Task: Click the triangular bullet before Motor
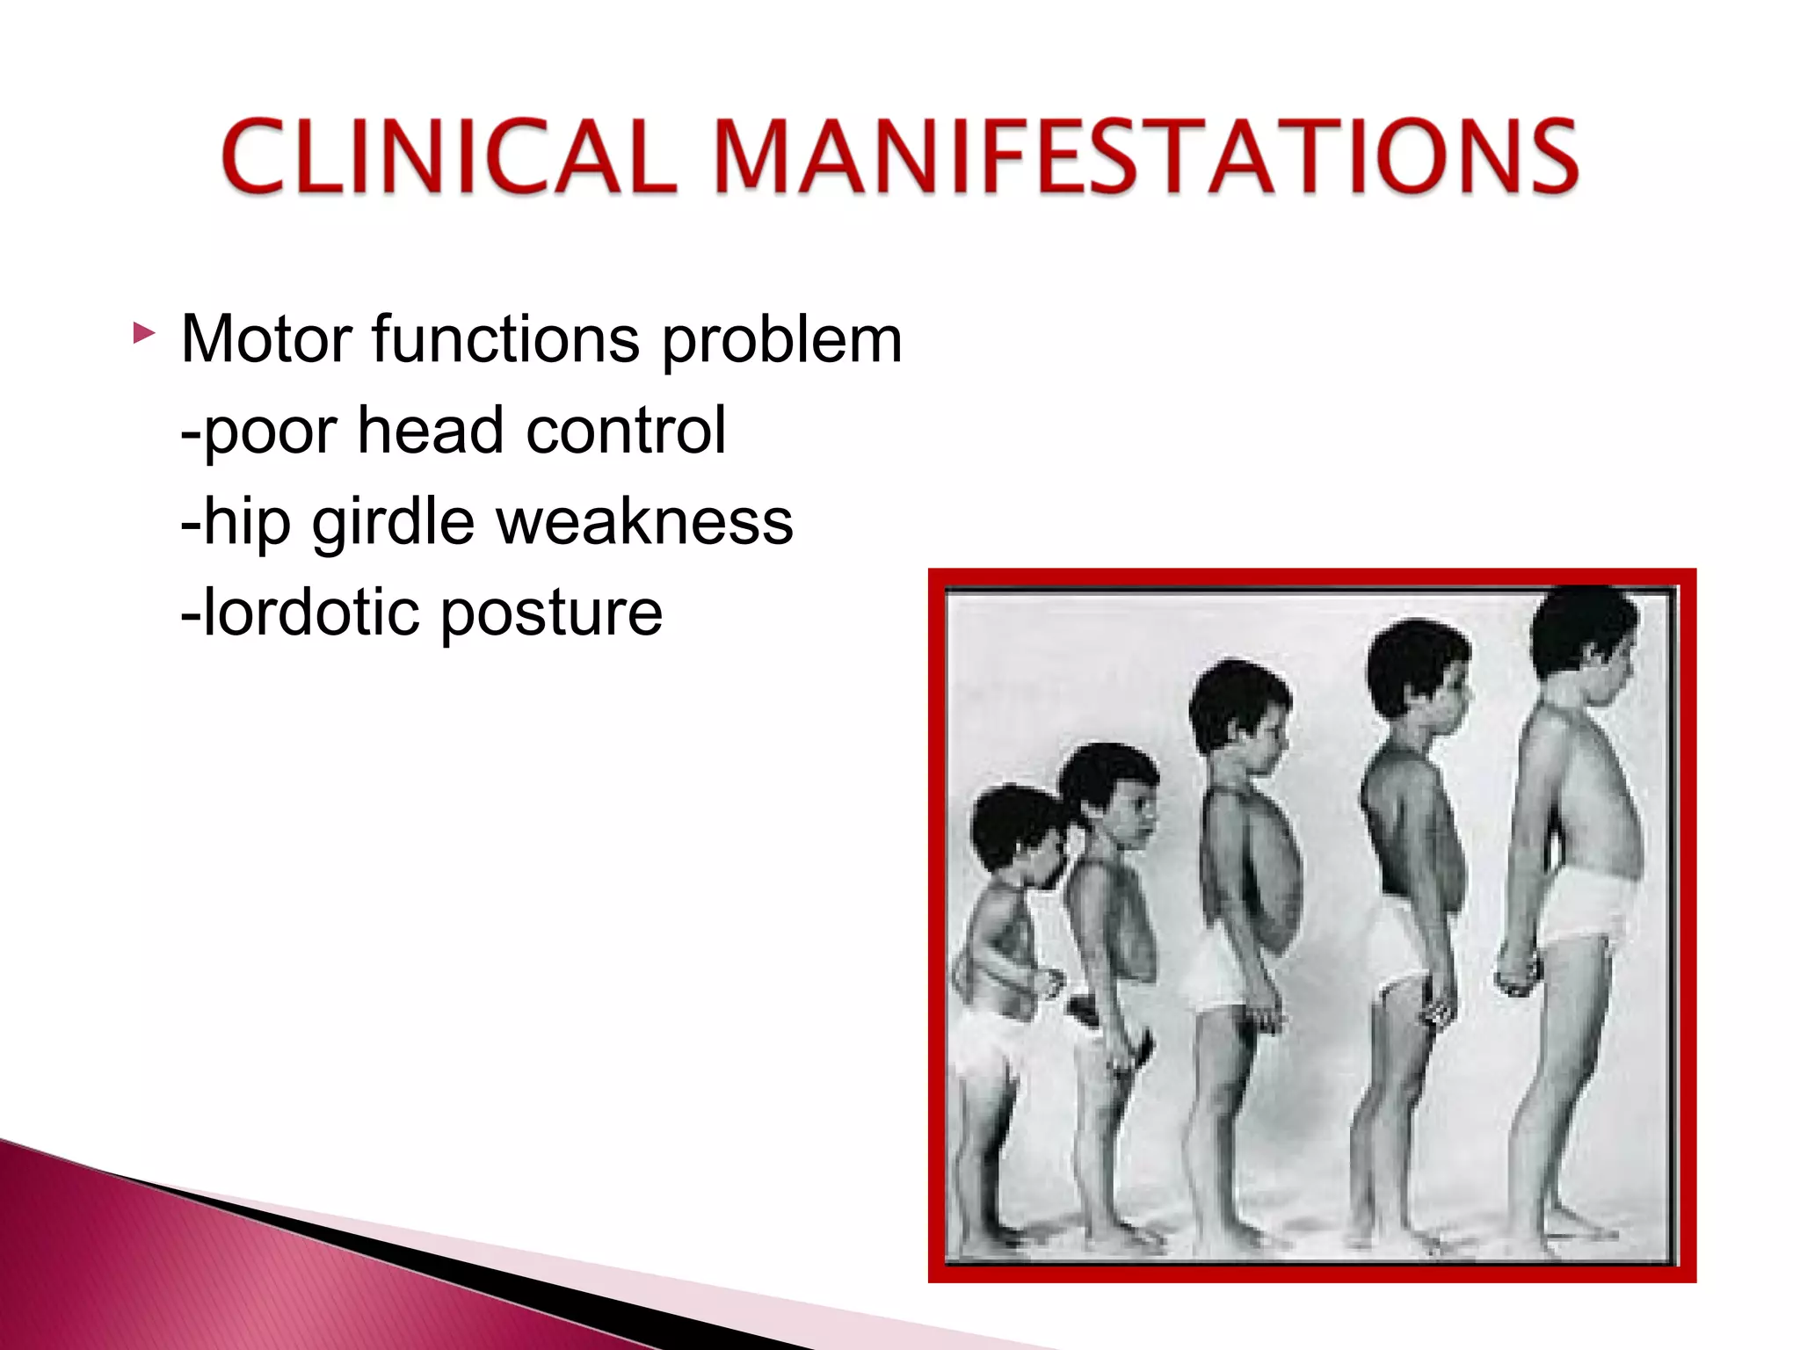pos(143,334)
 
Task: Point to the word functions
pos(505,339)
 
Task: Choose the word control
pos(626,431)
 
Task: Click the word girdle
pos(394,524)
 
